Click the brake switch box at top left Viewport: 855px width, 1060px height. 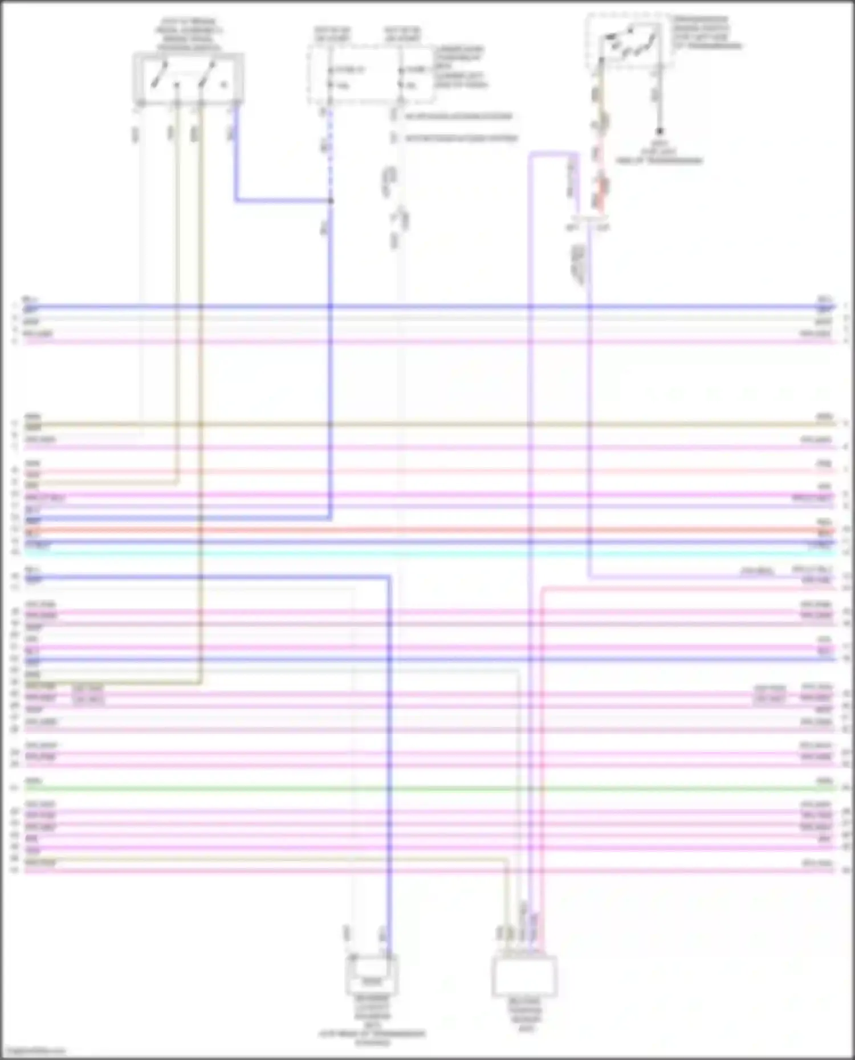(x=188, y=79)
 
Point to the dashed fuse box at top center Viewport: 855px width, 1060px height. (x=370, y=76)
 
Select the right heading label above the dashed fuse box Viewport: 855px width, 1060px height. (x=402, y=34)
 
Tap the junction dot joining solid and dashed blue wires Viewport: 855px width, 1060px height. (x=331, y=200)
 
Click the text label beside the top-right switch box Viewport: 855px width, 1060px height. (x=707, y=33)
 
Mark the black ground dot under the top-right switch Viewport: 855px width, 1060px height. (x=659, y=132)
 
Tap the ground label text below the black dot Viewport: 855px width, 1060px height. (x=659, y=152)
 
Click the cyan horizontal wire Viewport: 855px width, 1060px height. (x=427, y=553)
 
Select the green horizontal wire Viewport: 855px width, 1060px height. (x=427, y=788)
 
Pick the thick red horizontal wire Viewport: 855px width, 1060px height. (x=427, y=530)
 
